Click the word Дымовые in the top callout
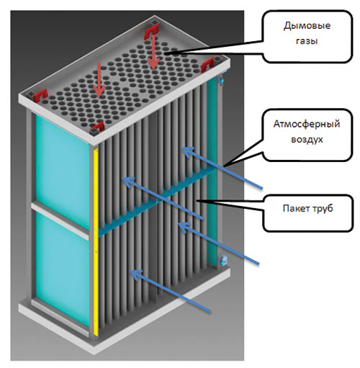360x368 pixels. pyautogui.click(x=307, y=26)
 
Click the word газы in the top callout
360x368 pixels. pyautogui.click(x=307, y=41)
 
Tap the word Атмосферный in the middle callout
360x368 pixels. pyautogui.click(x=307, y=124)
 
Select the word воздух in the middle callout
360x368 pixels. pyautogui.click(x=307, y=139)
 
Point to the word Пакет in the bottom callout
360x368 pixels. pyautogui.click(x=295, y=208)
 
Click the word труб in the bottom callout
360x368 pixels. pyautogui.click(x=323, y=208)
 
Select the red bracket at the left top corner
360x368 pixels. pyautogui.click(x=40, y=96)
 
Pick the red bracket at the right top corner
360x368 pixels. pyautogui.click(x=207, y=65)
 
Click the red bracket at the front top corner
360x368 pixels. pyautogui.click(x=98, y=127)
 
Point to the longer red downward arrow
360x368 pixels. pyautogui.click(x=153, y=51)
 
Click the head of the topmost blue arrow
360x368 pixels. pyautogui.click(x=187, y=151)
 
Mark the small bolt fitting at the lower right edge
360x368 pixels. pyautogui.click(x=223, y=260)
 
